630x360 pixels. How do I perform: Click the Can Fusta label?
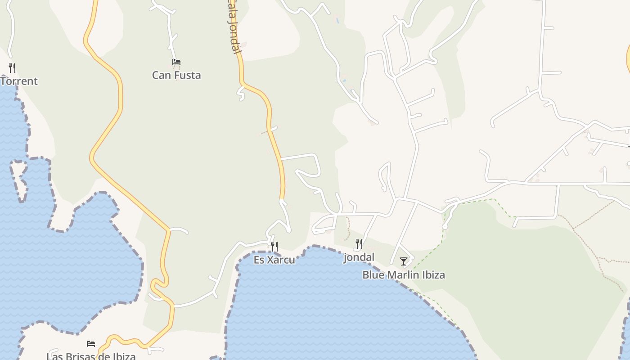pos(176,75)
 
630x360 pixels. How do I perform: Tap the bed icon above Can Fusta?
pos(176,62)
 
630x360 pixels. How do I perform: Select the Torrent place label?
pos(19,81)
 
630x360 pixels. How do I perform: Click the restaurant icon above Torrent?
pos(12,68)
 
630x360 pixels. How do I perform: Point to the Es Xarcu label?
pos(274,260)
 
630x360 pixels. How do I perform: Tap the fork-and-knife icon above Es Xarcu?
pos(274,246)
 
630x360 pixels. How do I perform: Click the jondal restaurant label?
pos(359,257)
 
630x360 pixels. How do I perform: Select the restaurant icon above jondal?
pos(359,244)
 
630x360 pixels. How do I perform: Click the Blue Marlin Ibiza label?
pos(404,274)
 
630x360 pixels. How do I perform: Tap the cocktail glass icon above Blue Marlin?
pos(404,261)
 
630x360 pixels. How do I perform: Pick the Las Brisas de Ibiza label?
pos(91,356)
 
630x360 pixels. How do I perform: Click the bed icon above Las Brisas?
pos(91,344)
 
